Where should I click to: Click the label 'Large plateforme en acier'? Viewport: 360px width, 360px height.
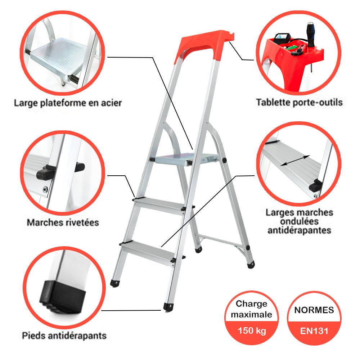tap(68, 103)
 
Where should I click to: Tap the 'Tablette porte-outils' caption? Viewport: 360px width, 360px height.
tap(299, 102)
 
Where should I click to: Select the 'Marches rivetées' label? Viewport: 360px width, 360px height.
tap(63, 222)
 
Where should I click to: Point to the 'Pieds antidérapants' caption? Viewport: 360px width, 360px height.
tap(64, 336)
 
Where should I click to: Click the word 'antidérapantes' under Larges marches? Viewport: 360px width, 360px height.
tap(299, 230)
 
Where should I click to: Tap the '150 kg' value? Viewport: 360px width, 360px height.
tap(252, 330)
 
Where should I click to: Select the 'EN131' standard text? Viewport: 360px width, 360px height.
tap(314, 330)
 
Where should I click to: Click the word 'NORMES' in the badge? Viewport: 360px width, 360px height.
tap(314, 310)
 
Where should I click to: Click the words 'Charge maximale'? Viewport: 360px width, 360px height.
tap(252, 309)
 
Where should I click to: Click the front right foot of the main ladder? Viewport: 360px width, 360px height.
tap(168, 307)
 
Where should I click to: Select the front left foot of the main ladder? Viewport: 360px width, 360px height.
tap(115, 283)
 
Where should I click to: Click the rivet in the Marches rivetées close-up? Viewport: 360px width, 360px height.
tap(45, 188)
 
